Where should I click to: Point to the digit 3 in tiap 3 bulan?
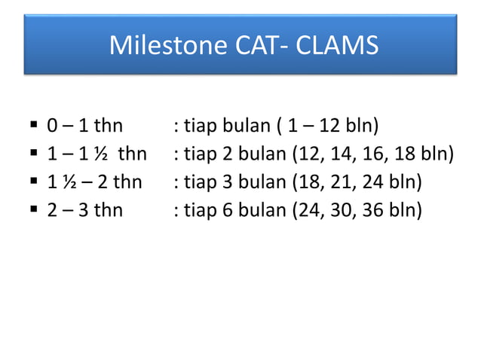tap(227, 181)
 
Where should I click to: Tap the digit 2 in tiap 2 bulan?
tap(227, 153)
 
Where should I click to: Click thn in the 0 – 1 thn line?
tap(108, 125)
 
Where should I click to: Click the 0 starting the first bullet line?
tap(52, 125)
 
